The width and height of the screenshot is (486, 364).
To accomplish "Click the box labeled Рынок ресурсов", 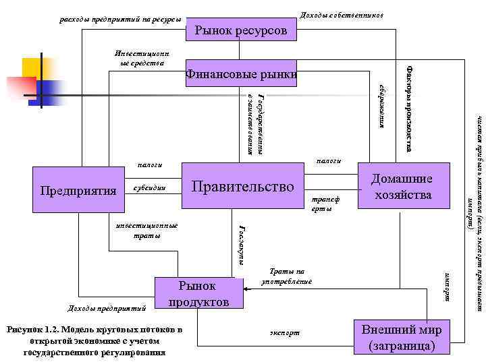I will (x=240, y=30).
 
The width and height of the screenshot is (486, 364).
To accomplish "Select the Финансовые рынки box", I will (x=242, y=73).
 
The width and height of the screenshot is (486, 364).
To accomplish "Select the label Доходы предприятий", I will (x=109, y=309).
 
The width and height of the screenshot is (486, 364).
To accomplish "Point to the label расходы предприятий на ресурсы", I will (x=121, y=19).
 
